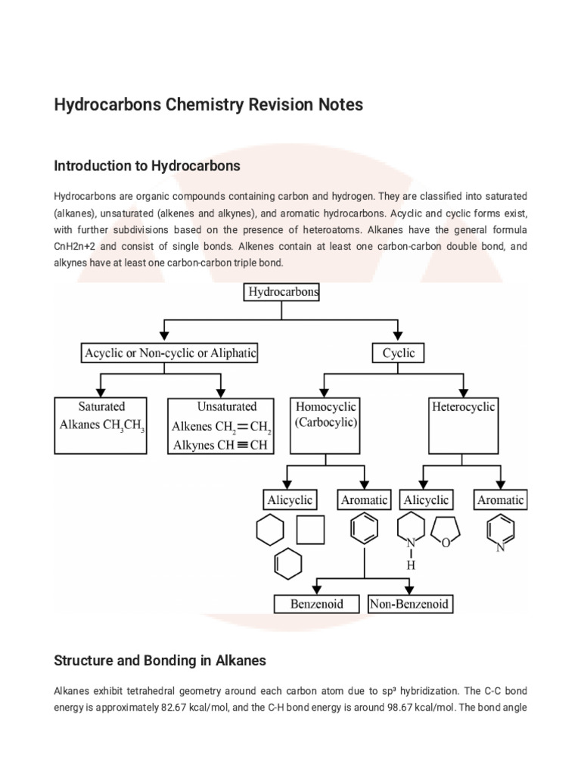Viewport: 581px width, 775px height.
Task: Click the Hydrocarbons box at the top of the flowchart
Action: coord(281,291)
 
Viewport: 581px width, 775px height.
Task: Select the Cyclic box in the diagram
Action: coord(397,353)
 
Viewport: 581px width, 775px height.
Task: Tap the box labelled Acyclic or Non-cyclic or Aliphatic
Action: coord(170,353)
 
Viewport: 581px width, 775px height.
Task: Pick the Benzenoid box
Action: coord(316,603)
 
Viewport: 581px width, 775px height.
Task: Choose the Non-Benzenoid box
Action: coord(410,603)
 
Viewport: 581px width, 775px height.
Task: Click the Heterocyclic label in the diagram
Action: coord(463,407)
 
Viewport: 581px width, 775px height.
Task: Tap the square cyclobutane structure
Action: coord(310,530)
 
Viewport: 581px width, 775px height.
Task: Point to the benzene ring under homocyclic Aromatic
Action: coord(365,528)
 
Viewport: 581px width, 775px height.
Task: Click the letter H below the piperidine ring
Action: coord(411,565)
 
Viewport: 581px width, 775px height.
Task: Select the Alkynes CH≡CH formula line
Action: coord(220,445)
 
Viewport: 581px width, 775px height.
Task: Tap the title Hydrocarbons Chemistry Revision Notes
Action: coord(208,104)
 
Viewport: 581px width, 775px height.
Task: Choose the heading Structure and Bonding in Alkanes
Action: coord(160,661)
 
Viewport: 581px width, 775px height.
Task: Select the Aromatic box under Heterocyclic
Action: coord(500,500)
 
